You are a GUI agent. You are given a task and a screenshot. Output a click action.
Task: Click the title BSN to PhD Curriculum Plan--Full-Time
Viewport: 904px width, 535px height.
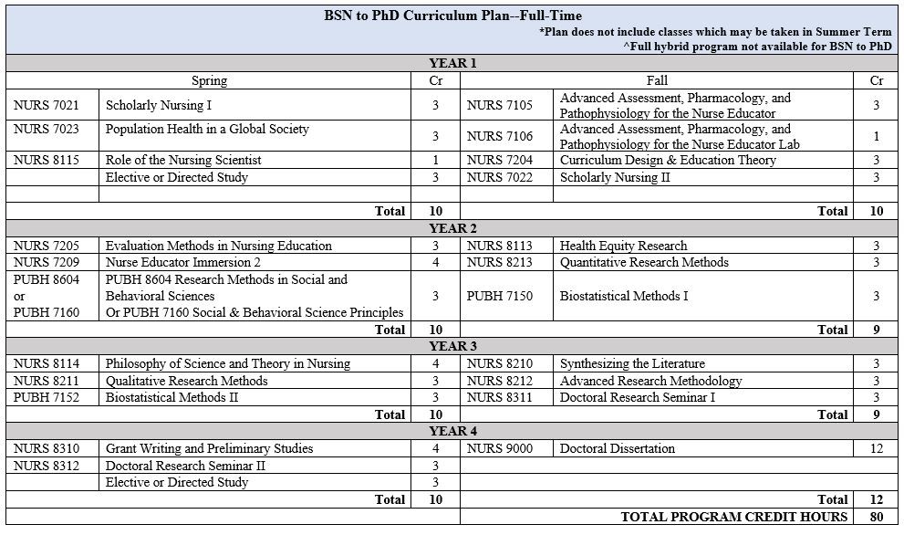pos(452,16)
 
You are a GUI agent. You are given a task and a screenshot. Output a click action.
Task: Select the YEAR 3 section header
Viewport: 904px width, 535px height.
pos(452,346)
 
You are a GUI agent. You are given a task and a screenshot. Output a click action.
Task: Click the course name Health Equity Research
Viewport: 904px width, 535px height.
pos(623,246)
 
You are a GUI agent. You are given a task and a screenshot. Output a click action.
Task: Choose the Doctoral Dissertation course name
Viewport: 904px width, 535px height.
pos(617,448)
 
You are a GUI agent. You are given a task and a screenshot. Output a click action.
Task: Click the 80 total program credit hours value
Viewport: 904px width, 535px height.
pos(877,517)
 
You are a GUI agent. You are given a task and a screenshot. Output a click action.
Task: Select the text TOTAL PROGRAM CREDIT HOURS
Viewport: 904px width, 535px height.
pos(734,517)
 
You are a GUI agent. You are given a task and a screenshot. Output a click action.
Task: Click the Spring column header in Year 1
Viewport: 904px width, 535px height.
pos(210,80)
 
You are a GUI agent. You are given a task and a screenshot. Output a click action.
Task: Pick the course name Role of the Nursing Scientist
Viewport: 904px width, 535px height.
pos(183,160)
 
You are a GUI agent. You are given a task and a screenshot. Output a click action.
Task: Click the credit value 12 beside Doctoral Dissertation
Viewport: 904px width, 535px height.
pos(877,448)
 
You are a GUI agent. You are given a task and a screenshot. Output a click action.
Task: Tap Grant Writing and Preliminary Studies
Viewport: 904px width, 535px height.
pos(209,448)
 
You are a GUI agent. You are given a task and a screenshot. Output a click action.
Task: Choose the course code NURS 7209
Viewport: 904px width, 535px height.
pos(45,262)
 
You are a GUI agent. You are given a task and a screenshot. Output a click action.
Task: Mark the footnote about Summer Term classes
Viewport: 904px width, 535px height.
pos(715,32)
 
